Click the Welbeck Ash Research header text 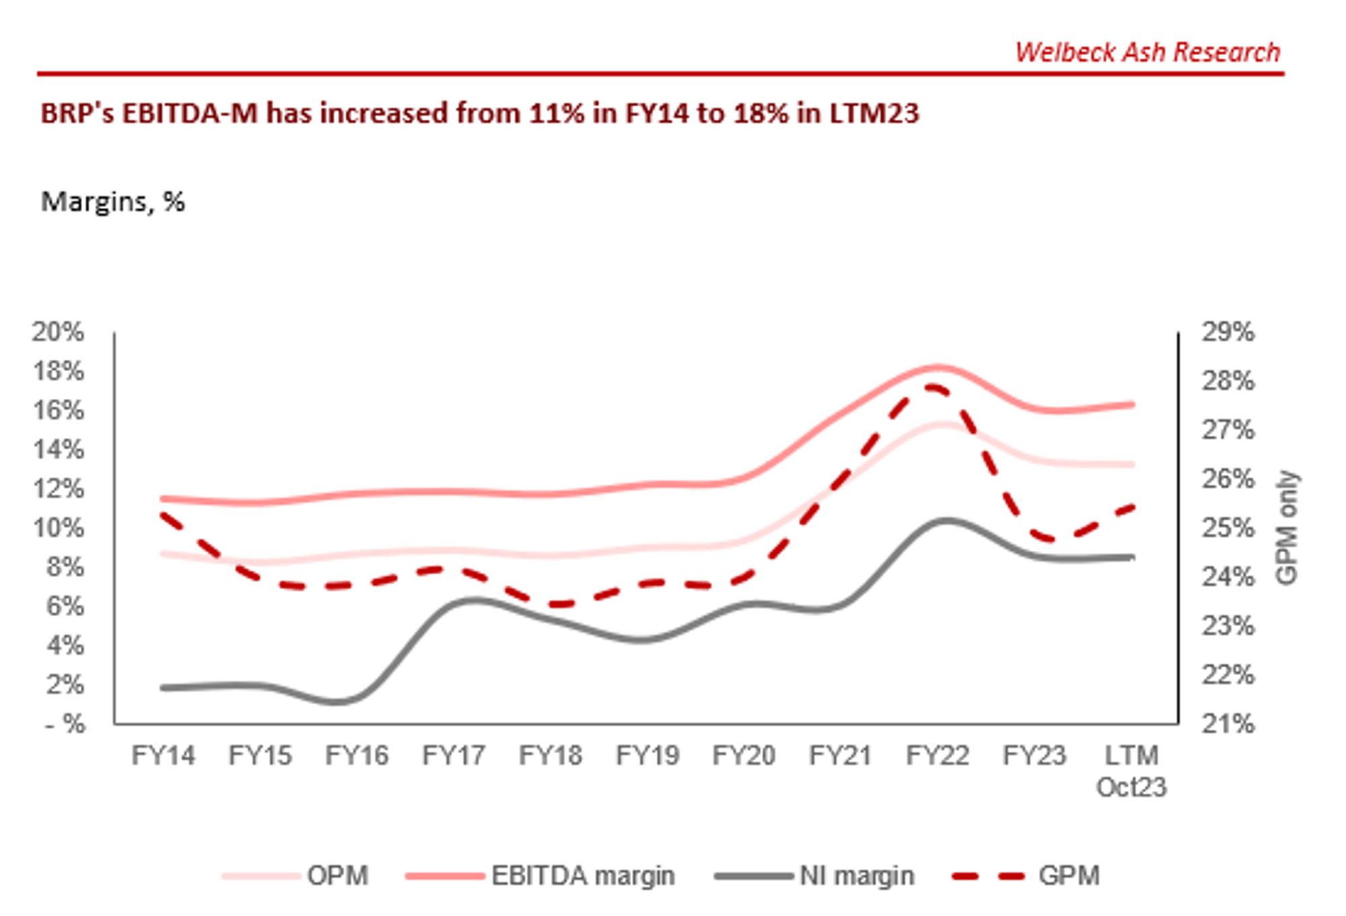coord(1147,52)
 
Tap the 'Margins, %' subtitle coord(112,201)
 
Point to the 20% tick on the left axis coord(58,332)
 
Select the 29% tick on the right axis coord(1228,332)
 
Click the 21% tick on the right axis coord(1228,724)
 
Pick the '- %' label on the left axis coord(65,724)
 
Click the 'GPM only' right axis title coord(1287,527)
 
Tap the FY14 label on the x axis coord(163,755)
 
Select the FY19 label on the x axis coord(647,755)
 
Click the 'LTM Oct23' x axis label coord(1131,771)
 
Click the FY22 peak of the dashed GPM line coord(933,387)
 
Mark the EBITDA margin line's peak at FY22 coord(938,367)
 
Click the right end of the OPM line coord(1132,464)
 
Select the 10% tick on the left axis coord(58,528)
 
